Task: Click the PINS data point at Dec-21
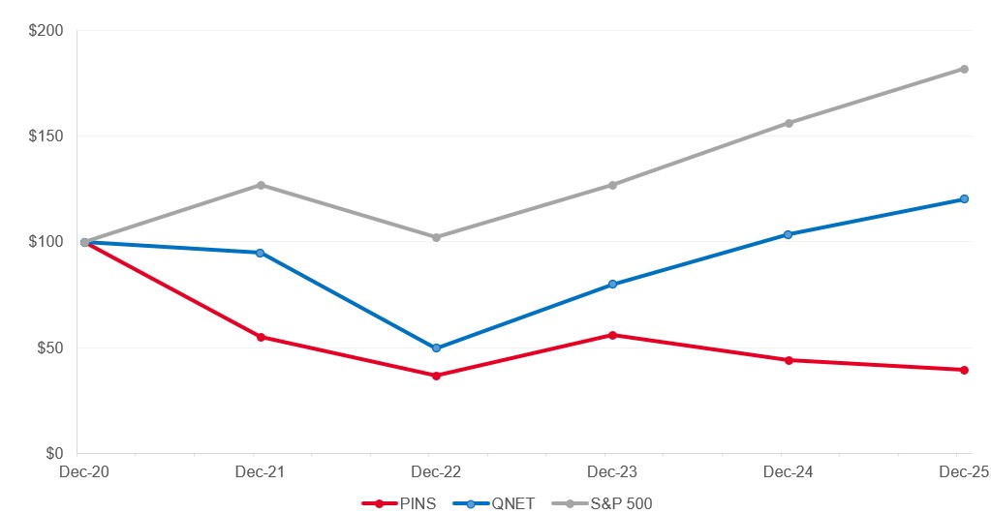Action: (261, 337)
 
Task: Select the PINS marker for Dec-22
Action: (437, 376)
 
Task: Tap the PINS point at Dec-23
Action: (612, 335)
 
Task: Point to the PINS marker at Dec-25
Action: (964, 370)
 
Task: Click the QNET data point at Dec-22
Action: (437, 348)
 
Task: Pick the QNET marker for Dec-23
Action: (612, 285)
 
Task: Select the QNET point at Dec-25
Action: (964, 199)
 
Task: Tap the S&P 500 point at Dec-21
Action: (261, 185)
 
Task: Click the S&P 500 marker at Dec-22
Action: (437, 237)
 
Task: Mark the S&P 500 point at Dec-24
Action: (789, 123)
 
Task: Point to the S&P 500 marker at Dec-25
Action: (964, 69)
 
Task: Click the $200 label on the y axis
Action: (46, 31)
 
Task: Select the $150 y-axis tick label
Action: (46, 136)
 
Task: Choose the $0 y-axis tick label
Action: (53, 453)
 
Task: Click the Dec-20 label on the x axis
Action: (77, 471)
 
